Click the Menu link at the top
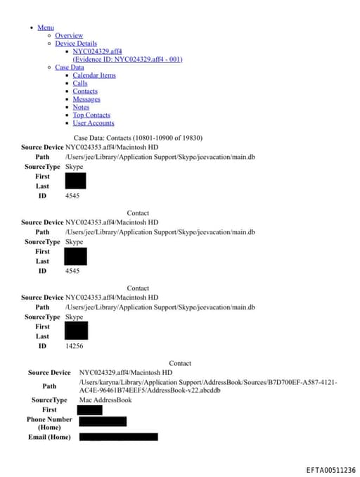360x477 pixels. coord(46,27)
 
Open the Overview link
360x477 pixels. coord(69,35)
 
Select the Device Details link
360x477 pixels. coord(76,44)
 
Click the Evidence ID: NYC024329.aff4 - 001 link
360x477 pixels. coord(127,59)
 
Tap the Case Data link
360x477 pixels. coord(69,68)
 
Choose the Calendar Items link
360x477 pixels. coord(94,75)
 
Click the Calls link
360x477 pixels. coord(80,84)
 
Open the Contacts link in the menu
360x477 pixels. coord(85,91)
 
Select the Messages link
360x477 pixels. coord(86,99)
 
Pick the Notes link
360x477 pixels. coord(81,107)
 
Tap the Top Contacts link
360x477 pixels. coord(91,115)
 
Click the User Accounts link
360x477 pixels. coord(94,123)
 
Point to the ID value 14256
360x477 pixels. coord(75,345)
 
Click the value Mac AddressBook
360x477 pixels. coord(105,400)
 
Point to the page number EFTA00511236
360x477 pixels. coord(330,470)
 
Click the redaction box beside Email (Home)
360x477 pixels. coord(118,437)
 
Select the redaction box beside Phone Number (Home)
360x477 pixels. coord(103,421)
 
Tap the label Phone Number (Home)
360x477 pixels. coord(49,423)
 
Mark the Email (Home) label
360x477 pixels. coord(49,437)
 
